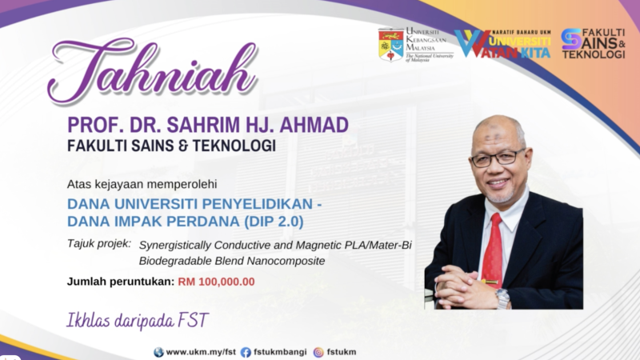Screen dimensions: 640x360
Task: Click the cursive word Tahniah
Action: pos(152,70)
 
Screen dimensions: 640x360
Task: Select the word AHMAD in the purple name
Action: pos(314,125)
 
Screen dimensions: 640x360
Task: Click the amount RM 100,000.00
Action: pos(216,282)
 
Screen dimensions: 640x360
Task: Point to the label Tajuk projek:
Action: pos(99,244)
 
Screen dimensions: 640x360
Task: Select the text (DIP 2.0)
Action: pos(274,222)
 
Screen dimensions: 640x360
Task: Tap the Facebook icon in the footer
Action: pos(246,352)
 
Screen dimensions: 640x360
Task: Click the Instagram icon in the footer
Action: pos(318,352)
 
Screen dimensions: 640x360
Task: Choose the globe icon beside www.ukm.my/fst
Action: pos(158,352)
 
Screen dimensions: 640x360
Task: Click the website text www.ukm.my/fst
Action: pos(201,352)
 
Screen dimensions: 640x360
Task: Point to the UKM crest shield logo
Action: pos(391,45)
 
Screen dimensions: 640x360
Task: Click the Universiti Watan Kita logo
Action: pos(503,44)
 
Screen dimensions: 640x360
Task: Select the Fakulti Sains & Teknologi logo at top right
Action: pos(593,43)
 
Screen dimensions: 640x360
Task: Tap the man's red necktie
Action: pos(493,248)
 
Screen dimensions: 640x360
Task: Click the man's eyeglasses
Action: pos(498,158)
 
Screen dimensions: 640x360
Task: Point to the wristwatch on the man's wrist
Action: pos(503,298)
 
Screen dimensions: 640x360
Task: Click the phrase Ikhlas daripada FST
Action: pos(138,321)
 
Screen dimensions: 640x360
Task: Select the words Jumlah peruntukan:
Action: pos(121,282)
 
